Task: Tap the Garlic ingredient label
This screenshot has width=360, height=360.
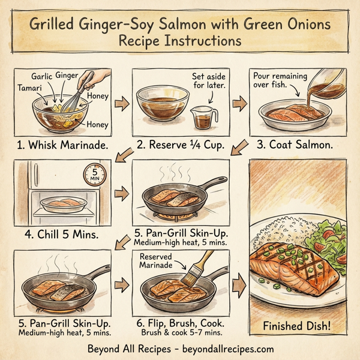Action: tap(42, 77)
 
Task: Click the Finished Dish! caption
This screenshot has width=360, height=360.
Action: tap(297, 326)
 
